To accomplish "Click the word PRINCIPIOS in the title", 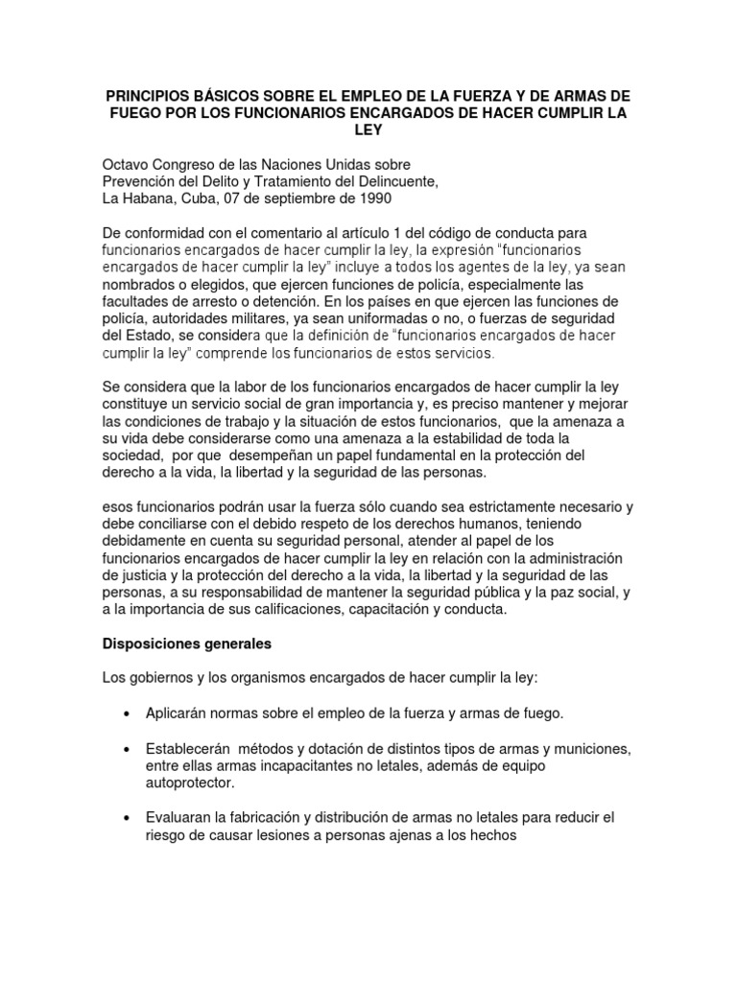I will [x=148, y=97].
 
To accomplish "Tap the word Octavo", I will [x=129, y=166].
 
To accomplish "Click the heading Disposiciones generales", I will [x=187, y=643].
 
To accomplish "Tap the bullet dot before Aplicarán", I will [x=128, y=713].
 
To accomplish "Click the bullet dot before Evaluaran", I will [x=128, y=817].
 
